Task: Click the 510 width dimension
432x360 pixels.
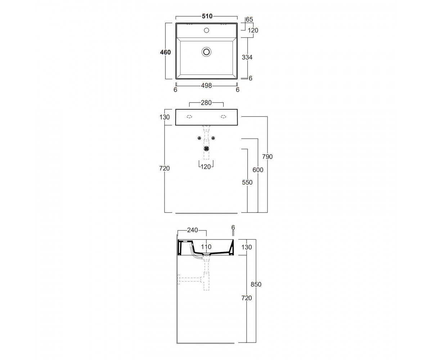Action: [207, 16]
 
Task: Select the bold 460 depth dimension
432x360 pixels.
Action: [165, 52]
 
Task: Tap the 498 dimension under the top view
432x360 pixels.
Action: [206, 85]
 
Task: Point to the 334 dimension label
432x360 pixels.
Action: [247, 57]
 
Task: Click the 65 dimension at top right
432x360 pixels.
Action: [249, 19]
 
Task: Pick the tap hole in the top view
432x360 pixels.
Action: [207, 30]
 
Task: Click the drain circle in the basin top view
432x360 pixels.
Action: [207, 52]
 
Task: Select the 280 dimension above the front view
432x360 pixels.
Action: [206, 103]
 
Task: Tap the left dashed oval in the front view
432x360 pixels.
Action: [189, 117]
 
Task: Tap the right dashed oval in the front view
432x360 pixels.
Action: [224, 117]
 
